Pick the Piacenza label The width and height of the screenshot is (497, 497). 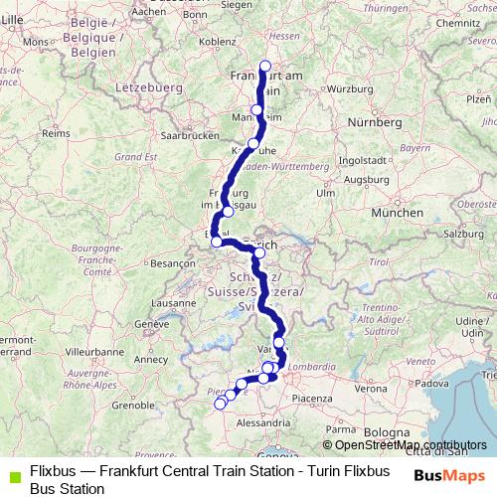[x=310, y=398]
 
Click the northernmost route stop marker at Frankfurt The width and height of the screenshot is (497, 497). [x=264, y=67]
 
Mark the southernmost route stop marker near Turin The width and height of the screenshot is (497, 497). [x=220, y=404]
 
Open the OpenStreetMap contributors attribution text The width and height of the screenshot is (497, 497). [x=405, y=445]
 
